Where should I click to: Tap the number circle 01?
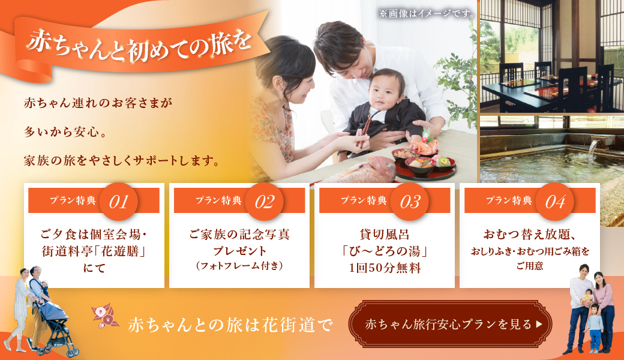tap(119, 202)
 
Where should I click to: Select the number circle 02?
tap(264, 202)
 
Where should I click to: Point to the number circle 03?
tap(409, 202)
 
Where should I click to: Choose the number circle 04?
tap(555, 202)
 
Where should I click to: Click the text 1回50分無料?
tap(385, 268)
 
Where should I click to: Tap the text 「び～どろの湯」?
tap(385, 251)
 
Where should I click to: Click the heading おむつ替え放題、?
tap(530, 234)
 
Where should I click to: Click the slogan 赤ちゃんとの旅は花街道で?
tap(230, 325)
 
